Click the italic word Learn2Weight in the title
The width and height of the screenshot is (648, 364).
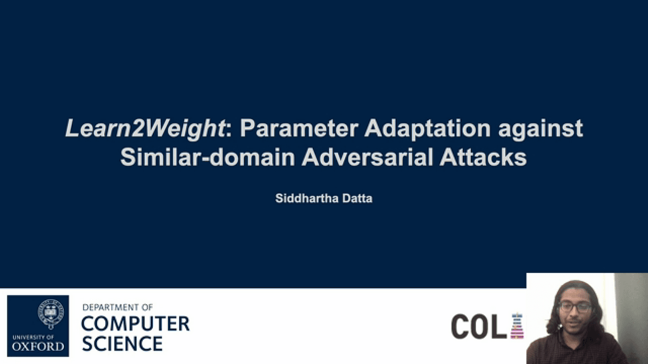click(x=145, y=129)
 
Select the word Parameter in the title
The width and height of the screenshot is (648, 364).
click(x=299, y=128)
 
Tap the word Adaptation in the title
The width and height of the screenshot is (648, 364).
click(x=428, y=129)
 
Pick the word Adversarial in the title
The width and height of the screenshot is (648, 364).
click(x=367, y=157)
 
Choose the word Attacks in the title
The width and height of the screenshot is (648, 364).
click(x=483, y=157)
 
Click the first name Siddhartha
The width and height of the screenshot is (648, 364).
click(x=307, y=198)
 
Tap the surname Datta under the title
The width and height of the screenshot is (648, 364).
click(x=357, y=198)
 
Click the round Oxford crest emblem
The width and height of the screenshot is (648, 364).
click(x=51, y=313)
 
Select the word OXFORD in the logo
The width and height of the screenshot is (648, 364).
click(x=38, y=346)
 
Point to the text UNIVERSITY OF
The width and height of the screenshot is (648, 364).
click(x=33, y=337)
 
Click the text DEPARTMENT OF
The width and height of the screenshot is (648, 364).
click(x=118, y=307)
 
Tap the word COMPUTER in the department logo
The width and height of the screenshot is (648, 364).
click(x=136, y=324)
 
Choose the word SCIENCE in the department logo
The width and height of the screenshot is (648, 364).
click(x=123, y=343)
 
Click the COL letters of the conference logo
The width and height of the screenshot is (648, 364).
click(x=479, y=326)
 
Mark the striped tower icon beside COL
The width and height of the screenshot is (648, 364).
click(x=517, y=326)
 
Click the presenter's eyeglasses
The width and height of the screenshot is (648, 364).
click(x=575, y=307)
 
